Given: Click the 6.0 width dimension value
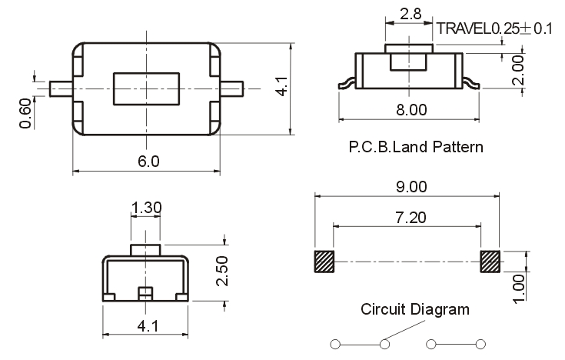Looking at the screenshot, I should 148,162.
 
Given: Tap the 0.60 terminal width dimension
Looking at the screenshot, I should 26,114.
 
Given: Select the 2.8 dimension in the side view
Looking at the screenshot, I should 411,13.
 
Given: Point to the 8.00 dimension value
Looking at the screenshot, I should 410,109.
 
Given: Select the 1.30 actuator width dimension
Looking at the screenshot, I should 146,208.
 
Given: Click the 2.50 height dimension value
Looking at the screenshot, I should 221,272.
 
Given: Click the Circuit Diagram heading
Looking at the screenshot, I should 415,310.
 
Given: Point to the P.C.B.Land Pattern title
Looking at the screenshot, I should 415,146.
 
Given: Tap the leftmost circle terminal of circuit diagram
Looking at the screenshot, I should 335,343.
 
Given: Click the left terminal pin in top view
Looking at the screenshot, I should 60,88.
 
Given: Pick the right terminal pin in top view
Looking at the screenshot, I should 232,88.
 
